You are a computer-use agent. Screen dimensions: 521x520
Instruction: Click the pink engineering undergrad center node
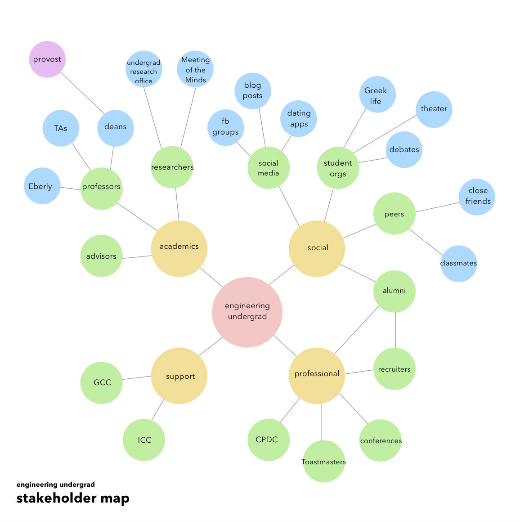(247, 312)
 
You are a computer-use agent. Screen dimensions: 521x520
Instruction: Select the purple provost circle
(47, 59)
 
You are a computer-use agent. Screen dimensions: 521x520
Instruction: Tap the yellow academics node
(179, 248)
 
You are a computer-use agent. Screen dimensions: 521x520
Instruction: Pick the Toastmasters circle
(324, 462)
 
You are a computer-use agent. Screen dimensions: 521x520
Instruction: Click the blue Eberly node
(42, 186)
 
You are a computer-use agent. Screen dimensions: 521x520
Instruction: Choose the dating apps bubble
(299, 118)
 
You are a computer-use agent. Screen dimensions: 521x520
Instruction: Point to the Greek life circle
(377, 94)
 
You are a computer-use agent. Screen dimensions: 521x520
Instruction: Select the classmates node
(458, 264)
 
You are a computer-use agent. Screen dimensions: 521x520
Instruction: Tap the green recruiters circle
(394, 369)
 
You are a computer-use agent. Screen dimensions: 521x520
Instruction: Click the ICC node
(144, 440)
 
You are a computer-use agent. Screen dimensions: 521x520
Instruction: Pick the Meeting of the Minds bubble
(195, 69)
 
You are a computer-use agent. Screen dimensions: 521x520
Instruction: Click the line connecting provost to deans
(82, 93)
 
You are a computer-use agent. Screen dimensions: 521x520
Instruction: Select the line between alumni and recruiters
(395, 330)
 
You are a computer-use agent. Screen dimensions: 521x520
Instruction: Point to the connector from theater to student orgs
(385, 135)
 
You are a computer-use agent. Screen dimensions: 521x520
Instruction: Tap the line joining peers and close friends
(437, 207)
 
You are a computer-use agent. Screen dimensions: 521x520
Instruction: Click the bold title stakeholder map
(73, 499)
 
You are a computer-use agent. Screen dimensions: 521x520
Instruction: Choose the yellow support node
(179, 376)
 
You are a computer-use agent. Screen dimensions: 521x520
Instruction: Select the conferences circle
(380, 440)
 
